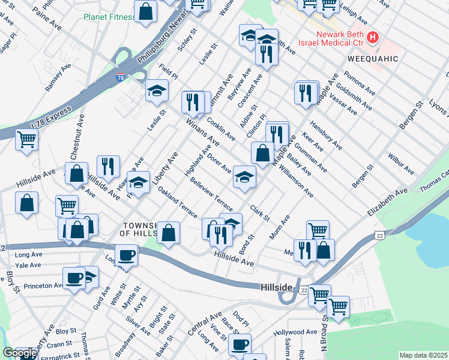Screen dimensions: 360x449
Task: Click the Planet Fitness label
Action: pyautogui.click(x=109, y=17)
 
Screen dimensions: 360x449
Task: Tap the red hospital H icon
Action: pyautogui.click(x=373, y=38)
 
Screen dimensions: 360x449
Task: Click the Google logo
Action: pyautogui.click(x=20, y=352)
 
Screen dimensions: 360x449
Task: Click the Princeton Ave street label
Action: pyautogui.click(x=43, y=286)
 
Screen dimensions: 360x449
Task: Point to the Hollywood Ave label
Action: pyautogui.click(x=295, y=332)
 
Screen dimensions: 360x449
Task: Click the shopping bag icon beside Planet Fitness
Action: pyautogui.click(x=145, y=11)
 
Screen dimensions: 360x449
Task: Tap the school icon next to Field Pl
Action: pyautogui.click(x=157, y=91)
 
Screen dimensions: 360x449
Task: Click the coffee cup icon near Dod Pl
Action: pyautogui.click(x=240, y=344)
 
